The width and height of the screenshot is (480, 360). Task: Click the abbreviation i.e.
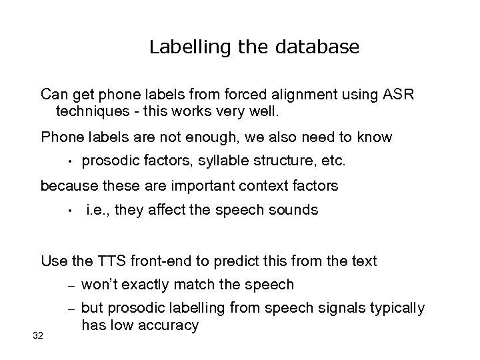(x=99, y=211)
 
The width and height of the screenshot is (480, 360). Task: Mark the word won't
(x=100, y=285)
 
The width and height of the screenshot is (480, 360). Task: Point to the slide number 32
(x=37, y=335)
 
